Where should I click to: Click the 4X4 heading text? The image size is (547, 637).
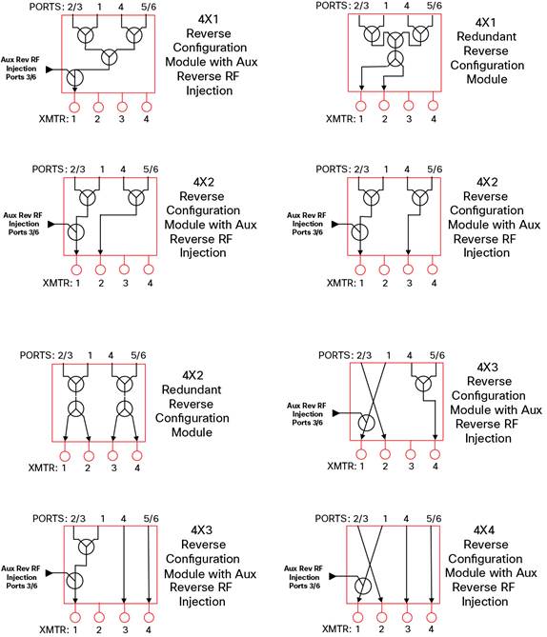484,529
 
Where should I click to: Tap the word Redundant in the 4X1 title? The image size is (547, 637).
486,36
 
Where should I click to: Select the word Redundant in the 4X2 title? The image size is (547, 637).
192,389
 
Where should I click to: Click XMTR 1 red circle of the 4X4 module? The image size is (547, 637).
358,618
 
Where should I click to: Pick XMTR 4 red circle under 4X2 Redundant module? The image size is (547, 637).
137,455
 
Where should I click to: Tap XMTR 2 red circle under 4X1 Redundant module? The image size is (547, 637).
384,106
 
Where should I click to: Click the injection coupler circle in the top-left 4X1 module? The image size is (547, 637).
74,77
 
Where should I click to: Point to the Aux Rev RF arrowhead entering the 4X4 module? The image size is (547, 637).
333,576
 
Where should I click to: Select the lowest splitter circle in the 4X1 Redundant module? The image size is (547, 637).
395,59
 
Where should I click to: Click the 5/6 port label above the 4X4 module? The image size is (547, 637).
434,518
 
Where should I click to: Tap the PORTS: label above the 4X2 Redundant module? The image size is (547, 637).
37,355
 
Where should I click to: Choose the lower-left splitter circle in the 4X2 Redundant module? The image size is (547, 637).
75,408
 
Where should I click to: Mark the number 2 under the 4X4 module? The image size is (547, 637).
381,629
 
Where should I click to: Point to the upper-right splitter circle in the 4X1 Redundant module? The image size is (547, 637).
420,33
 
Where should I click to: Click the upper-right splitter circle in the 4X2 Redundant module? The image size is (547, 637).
125,384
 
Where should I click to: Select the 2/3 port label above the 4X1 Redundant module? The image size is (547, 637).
361,6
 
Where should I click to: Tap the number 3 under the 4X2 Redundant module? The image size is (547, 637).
113,468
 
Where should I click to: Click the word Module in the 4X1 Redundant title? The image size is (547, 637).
487,79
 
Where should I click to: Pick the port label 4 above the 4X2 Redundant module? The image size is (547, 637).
111,355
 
